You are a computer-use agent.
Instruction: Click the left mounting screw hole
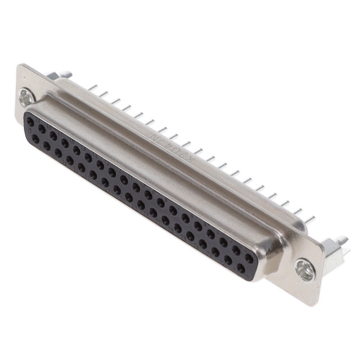(26, 99)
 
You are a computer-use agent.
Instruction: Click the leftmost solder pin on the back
(93, 88)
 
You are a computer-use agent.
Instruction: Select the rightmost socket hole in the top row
(249, 258)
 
